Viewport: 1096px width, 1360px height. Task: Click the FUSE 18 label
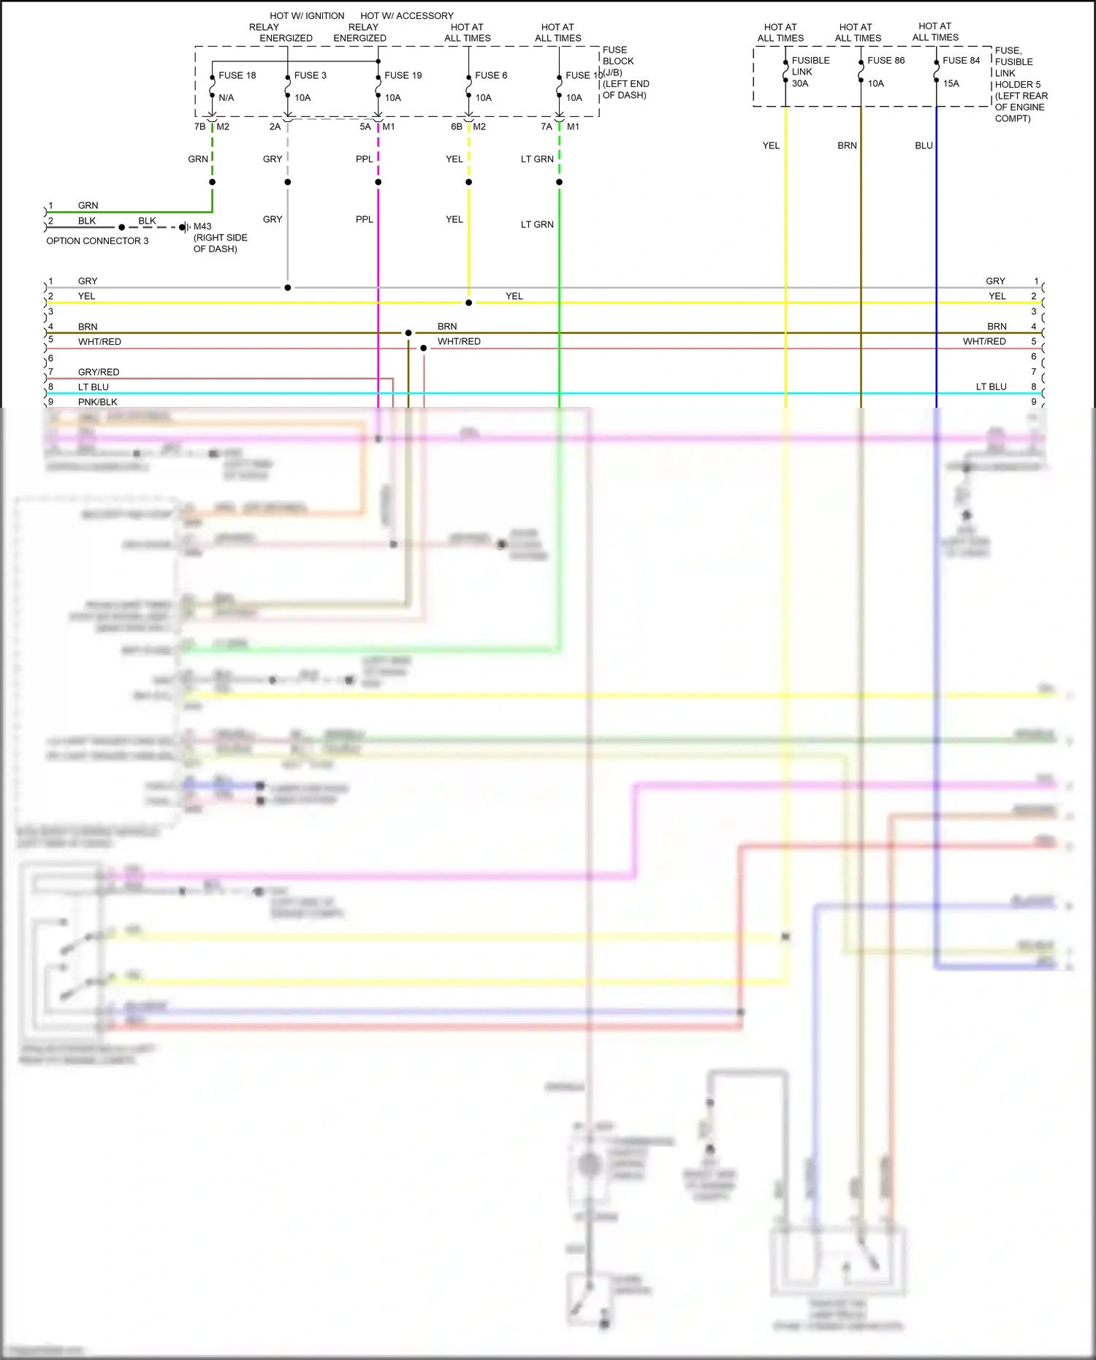pyautogui.click(x=237, y=75)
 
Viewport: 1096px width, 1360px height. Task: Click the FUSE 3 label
pyautogui.click(x=310, y=75)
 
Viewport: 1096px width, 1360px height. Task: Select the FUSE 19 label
pyautogui.click(x=403, y=75)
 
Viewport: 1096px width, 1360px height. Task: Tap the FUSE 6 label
pyautogui.click(x=490, y=75)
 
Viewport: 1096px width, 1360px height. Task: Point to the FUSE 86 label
pyautogui.click(x=886, y=61)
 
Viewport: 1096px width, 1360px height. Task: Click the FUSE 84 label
pyautogui.click(x=961, y=61)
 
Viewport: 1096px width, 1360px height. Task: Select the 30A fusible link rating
pyautogui.click(x=800, y=83)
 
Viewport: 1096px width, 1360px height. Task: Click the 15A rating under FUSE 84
pyautogui.click(x=951, y=83)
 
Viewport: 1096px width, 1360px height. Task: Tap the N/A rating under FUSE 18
pyautogui.click(x=227, y=97)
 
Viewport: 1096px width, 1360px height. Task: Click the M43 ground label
pyautogui.click(x=202, y=226)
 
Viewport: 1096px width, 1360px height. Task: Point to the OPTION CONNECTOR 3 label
pyautogui.click(x=97, y=240)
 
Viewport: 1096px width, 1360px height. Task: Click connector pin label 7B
pyautogui.click(x=199, y=126)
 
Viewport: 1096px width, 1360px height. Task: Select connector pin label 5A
pyautogui.click(x=365, y=126)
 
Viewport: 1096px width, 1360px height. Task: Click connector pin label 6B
pyautogui.click(x=457, y=126)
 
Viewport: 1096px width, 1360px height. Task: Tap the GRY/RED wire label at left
pyautogui.click(x=99, y=372)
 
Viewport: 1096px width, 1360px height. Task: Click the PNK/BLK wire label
pyautogui.click(x=98, y=402)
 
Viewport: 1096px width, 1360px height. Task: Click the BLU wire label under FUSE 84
pyautogui.click(x=924, y=145)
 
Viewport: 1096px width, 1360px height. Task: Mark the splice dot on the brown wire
pyautogui.click(x=408, y=333)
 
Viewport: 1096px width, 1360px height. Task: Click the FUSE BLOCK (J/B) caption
pyautogui.click(x=618, y=61)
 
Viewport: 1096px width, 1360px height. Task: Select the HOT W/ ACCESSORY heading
pyautogui.click(x=407, y=15)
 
